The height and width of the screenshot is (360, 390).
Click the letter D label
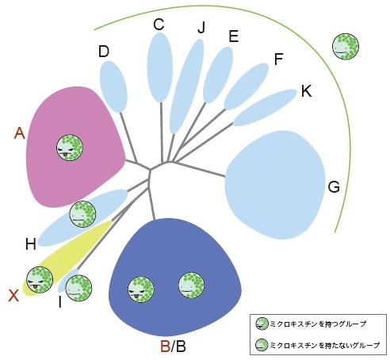(104, 52)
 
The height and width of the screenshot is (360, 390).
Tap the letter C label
(159, 25)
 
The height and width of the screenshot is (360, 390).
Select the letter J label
(201, 27)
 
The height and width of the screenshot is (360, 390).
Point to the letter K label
(307, 91)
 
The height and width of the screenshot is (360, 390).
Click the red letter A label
(20, 133)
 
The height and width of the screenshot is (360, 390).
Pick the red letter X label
(13, 295)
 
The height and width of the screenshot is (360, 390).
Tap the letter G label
(334, 187)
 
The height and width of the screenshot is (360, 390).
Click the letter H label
(31, 244)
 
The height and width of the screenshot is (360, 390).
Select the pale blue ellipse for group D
(113, 86)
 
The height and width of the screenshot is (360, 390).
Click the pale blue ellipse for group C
(159, 67)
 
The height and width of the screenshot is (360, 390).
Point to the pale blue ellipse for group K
(265, 107)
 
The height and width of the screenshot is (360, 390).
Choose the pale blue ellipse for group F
(247, 86)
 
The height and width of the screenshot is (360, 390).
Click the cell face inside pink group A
(70, 147)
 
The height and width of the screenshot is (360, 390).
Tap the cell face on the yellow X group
(40, 280)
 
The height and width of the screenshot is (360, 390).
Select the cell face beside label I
(78, 288)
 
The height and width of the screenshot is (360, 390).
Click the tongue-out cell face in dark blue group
(141, 289)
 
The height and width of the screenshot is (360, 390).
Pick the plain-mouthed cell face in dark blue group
(192, 285)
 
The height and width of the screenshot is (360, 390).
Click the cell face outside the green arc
(346, 46)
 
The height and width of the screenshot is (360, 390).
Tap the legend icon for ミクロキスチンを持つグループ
(262, 324)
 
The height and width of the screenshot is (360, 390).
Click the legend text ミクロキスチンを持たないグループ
(325, 345)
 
